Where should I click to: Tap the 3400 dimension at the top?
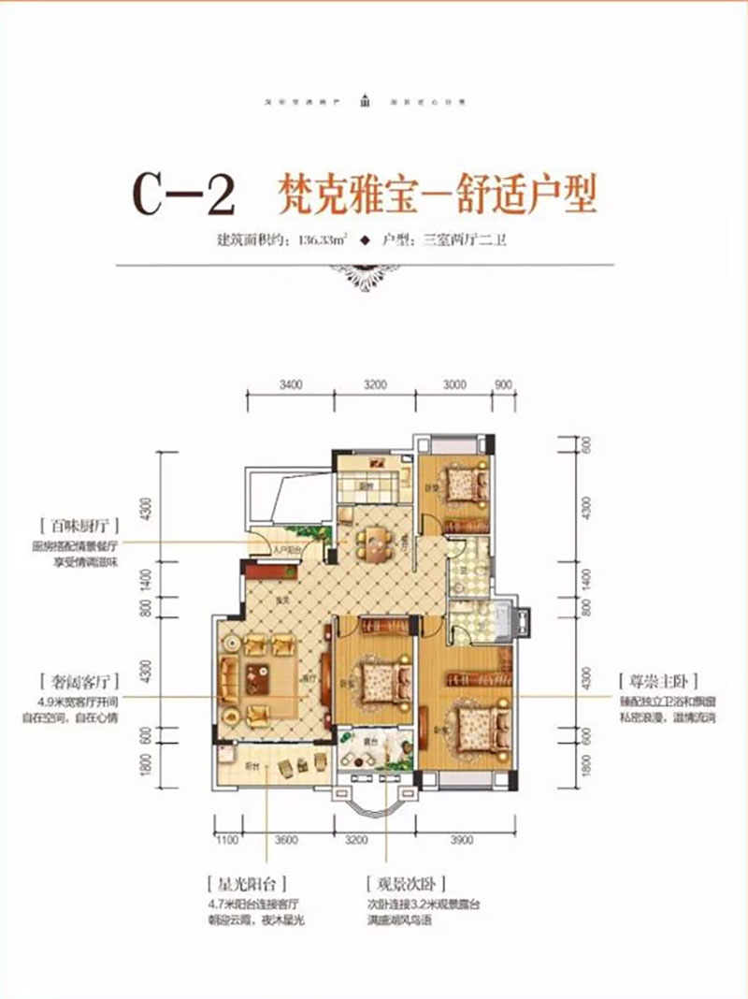tap(292, 384)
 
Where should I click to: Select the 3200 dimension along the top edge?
tap(375, 384)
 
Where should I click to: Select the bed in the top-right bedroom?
tap(460, 486)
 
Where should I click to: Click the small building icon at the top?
tap(372, 101)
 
